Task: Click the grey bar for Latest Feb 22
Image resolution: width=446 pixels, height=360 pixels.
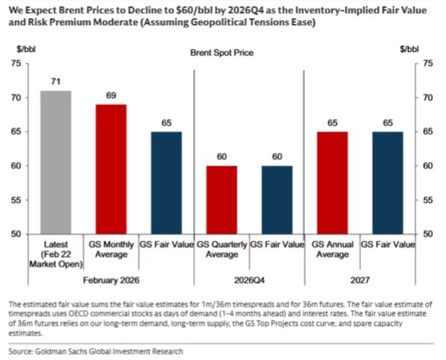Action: pos(56,162)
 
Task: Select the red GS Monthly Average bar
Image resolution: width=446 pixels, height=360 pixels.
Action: pos(111,169)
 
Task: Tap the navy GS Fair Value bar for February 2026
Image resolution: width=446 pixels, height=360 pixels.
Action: pos(166,183)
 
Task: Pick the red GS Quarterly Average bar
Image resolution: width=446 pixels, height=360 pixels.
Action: pos(222,200)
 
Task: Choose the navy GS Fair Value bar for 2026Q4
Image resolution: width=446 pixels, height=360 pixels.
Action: pos(277,200)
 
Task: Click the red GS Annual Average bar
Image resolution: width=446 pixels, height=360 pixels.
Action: pos(332,183)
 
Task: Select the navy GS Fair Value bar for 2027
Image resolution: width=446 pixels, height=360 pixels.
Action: pos(388,183)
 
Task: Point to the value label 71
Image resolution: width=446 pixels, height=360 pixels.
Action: pos(56,81)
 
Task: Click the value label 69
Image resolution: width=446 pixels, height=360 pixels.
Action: pos(111,95)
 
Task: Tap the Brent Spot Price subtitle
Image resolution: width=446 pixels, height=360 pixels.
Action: pos(222,53)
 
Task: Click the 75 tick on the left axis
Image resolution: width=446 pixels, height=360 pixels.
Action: pos(16,63)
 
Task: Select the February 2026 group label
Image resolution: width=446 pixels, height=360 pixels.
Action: pos(111,280)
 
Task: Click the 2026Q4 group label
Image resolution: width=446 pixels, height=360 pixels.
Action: pos(249,280)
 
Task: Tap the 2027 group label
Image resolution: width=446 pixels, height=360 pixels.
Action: pos(359,280)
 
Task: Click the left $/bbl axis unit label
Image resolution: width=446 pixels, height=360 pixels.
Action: pos(26,49)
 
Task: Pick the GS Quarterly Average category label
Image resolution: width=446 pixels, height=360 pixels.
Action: pos(222,249)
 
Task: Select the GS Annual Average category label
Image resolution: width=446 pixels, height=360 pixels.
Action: pos(333,249)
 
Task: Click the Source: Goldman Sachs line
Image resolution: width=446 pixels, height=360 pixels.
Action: pos(95,352)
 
